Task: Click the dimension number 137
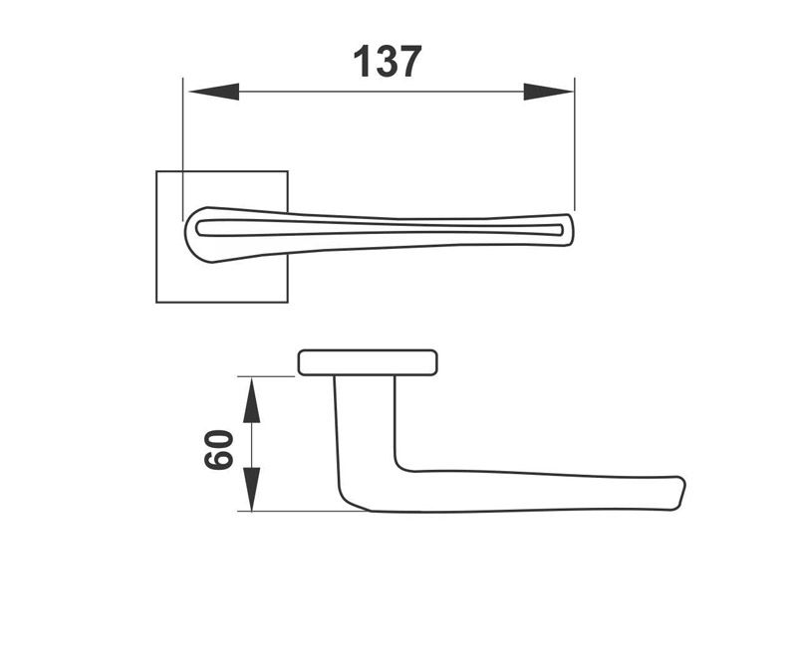388,62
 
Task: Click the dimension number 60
218,449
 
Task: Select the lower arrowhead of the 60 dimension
252,489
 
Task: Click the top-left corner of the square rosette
157,172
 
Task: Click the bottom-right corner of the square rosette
288,302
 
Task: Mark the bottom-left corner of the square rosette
157,302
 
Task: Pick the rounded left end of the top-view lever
189,232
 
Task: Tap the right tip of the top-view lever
572,229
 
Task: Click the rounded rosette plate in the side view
368,362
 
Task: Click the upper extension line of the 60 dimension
269,376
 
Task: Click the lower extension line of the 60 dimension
299,512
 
